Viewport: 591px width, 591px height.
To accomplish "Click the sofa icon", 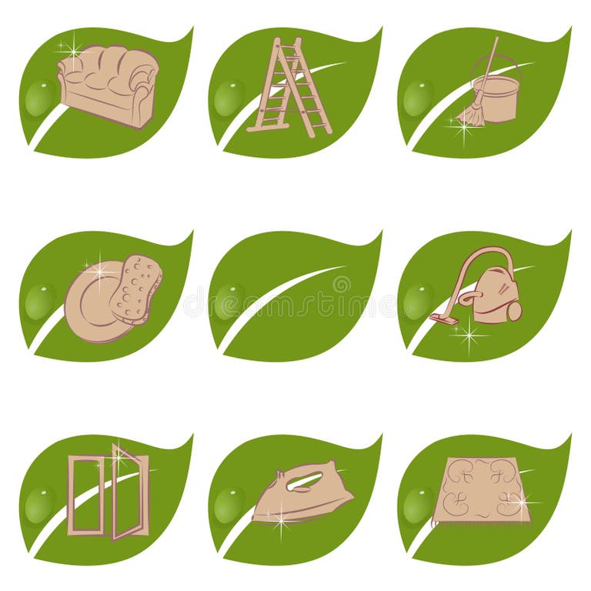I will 108,85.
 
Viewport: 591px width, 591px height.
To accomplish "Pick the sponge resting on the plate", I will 135,287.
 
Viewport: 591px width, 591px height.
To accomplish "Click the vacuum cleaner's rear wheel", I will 514,311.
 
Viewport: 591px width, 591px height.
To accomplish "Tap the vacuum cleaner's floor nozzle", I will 443,318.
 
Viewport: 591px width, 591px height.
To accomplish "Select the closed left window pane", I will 85,495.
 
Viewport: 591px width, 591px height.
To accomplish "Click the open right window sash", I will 129,492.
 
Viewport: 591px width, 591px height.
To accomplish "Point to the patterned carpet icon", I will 482,491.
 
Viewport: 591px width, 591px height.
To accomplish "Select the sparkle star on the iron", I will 282,520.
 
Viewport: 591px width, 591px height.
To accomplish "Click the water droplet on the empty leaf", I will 229,301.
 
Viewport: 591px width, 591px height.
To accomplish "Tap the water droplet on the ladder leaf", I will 229,98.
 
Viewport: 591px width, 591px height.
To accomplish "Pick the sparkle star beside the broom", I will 462,128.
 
